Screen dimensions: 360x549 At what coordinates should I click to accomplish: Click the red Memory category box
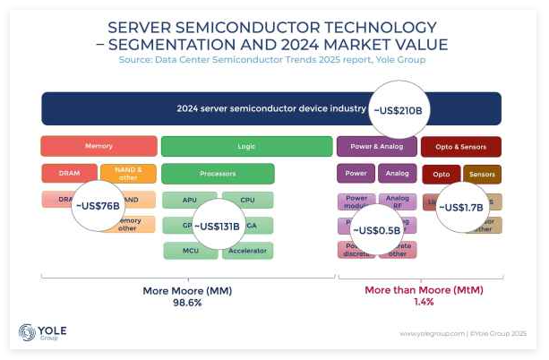(99, 146)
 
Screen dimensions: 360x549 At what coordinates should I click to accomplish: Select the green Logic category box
(246, 146)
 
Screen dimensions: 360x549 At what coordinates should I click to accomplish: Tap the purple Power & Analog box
(376, 146)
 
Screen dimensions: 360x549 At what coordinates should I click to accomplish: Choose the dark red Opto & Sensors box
(461, 146)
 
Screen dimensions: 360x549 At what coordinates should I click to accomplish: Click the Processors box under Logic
(218, 174)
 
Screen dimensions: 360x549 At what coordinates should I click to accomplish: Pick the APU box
(188, 200)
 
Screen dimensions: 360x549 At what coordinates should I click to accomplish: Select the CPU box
(248, 200)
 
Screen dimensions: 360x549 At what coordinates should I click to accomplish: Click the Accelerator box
(248, 251)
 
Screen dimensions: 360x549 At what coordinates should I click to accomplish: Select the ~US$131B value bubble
(217, 227)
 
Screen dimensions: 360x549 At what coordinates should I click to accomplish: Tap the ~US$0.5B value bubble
(377, 231)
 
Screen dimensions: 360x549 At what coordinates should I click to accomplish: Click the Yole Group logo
(43, 333)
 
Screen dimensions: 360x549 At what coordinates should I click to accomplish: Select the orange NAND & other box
(128, 174)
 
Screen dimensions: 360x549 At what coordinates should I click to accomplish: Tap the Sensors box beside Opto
(482, 174)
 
